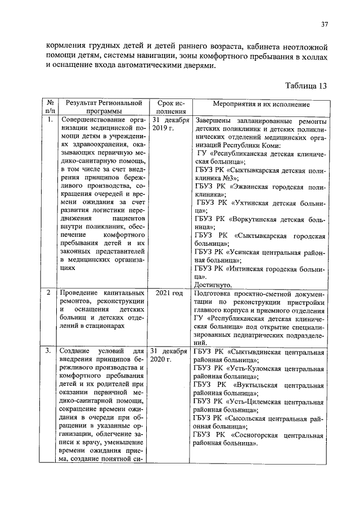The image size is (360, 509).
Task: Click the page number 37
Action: pyautogui.click(x=325, y=24)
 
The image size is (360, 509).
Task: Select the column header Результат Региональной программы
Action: pyautogui.click(x=102, y=107)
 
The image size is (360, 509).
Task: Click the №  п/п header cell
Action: pyautogui.click(x=50, y=107)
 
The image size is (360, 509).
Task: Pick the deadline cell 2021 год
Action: pyautogui.click(x=169, y=293)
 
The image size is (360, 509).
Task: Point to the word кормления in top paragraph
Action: pyautogui.click(x=66, y=46)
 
